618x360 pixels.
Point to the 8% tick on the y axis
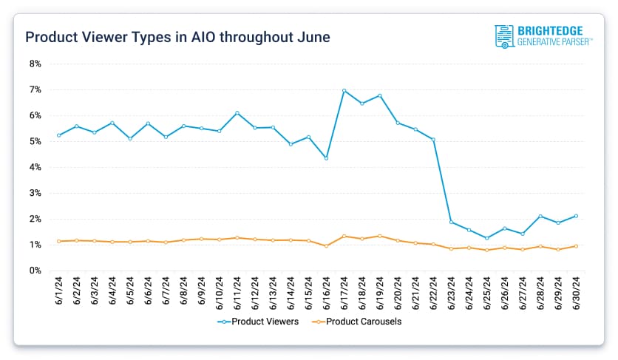pos(35,64)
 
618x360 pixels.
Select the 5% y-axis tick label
pos(35,141)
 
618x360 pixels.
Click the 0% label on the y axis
pos(35,271)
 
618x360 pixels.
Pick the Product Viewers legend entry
pos(259,322)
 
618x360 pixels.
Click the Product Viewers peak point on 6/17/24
pos(344,91)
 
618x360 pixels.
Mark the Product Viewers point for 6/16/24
pos(327,158)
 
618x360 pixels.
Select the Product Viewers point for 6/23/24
pos(452,222)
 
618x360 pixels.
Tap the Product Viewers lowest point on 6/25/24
pos(487,238)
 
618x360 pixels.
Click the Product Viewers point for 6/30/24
pos(577,216)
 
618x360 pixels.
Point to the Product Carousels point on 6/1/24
pos(58,241)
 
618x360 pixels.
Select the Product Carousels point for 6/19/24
pos(380,236)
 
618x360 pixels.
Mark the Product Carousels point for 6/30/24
pos(577,246)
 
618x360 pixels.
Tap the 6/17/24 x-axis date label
pos(344,293)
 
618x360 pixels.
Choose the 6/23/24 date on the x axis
pos(452,293)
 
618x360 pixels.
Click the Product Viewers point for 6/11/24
pos(237,113)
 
